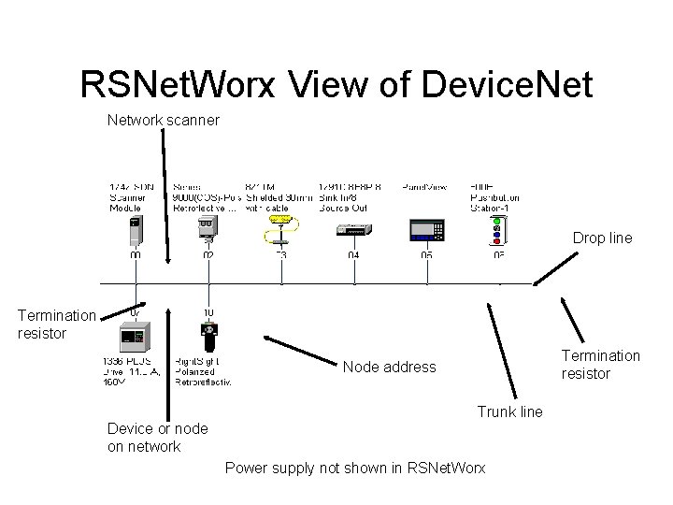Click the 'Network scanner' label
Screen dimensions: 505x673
[163, 120]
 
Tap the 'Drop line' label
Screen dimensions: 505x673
[602, 238]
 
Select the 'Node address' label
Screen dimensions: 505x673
[389, 367]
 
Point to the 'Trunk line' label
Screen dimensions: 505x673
[509, 411]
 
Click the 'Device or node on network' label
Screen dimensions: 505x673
[157, 438]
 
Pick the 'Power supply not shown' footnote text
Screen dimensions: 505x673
[355, 468]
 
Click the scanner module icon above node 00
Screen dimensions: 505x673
[136, 228]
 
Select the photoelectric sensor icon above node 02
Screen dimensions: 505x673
[208, 227]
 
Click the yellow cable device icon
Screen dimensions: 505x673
[280, 225]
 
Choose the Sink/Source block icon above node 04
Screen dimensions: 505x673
[353, 230]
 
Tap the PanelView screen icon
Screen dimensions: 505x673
[426, 228]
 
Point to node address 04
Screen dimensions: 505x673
[353, 254]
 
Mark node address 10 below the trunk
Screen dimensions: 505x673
[208, 312]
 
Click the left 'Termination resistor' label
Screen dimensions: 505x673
[56, 325]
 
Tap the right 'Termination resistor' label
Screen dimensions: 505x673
[600, 364]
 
